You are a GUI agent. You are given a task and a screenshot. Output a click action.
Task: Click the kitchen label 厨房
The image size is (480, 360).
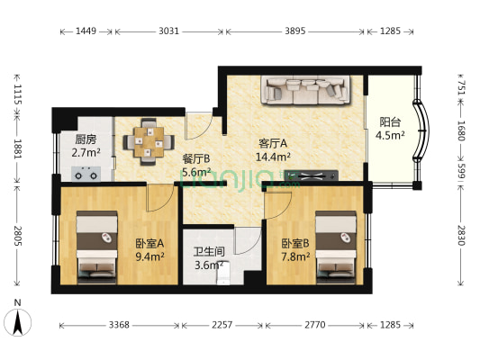click(86, 139)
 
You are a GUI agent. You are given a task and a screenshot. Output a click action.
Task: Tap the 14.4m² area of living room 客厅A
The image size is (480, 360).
click(273, 157)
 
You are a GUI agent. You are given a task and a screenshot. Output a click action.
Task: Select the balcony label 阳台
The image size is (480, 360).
click(390, 122)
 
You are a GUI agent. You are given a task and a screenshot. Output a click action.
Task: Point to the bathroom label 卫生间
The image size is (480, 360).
click(210, 252)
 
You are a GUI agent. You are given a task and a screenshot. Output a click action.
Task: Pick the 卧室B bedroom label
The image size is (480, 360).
click(295, 242)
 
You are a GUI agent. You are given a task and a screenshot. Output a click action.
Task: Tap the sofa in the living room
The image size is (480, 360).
click(305, 90)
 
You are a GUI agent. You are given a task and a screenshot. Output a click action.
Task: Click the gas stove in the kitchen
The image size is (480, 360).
click(86, 174)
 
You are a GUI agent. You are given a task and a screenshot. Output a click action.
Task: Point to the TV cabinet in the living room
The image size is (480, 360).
click(311, 175)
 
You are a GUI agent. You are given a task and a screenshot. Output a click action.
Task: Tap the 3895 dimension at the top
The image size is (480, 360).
click(295, 31)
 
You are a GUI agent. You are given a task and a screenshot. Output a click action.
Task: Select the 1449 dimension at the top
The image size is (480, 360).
click(86, 31)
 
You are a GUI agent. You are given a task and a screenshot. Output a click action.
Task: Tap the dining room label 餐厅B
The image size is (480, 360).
click(196, 158)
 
